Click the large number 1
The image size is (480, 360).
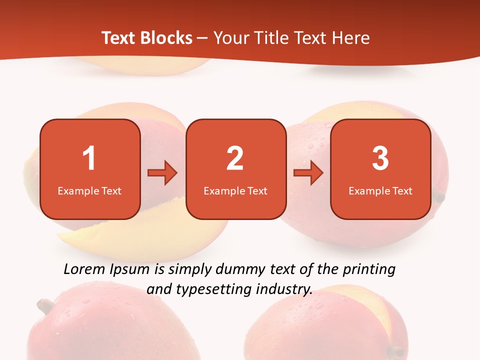point(89,158)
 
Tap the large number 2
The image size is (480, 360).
point(235,158)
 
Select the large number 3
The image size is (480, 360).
point(380,158)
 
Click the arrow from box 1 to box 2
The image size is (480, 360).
point(162,173)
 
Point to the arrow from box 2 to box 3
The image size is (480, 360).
point(308,173)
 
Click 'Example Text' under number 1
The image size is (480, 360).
point(89,190)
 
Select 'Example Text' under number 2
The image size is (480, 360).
point(235,190)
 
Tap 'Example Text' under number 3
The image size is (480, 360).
point(380,190)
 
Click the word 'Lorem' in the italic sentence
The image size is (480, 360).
point(85,269)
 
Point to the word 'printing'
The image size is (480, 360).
point(369,269)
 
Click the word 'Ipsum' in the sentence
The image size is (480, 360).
point(131,269)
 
